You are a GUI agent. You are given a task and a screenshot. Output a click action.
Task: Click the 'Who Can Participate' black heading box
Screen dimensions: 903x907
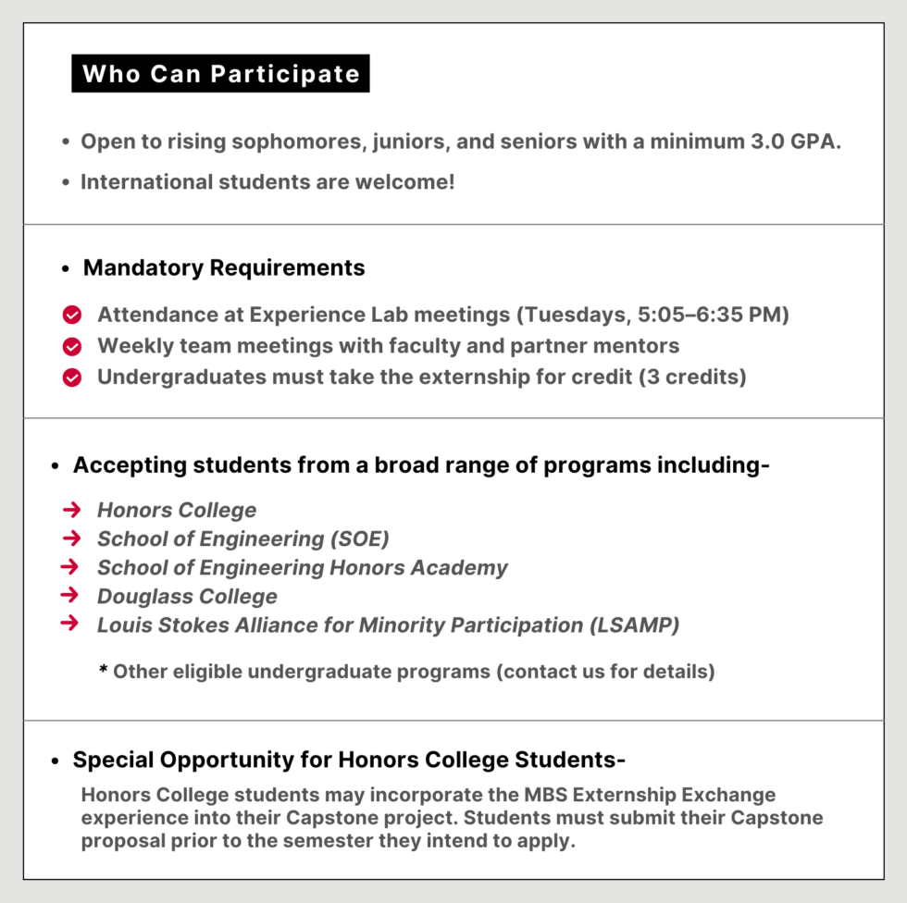click(220, 74)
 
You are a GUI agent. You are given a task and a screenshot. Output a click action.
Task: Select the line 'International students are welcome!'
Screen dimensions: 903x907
click(267, 181)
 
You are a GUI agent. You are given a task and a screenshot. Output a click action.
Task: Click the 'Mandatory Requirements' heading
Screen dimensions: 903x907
click(224, 268)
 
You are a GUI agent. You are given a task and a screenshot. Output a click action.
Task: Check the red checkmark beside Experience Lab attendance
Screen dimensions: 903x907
click(72, 315)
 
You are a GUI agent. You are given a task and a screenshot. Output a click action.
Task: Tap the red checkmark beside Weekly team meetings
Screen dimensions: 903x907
click(72, 347)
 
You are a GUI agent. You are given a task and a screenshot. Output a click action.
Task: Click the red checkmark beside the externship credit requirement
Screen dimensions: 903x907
click(72, 377)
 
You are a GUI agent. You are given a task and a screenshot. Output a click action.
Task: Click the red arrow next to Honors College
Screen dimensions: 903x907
click(71, 510)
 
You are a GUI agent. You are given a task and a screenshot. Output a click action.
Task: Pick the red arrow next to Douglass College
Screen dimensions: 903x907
click(71, 596)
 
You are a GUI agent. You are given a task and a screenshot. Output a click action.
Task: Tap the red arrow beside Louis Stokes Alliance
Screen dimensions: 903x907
click(69, 624)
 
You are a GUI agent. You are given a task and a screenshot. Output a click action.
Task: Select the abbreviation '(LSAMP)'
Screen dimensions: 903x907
click(634, 625)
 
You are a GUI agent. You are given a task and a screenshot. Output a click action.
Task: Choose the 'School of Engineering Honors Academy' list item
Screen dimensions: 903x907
click(302, 567)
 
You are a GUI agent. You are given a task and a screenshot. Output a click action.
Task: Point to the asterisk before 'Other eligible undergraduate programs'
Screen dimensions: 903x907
click(104, 670)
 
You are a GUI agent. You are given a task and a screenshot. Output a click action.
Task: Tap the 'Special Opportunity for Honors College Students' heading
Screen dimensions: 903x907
click(349, 761)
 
